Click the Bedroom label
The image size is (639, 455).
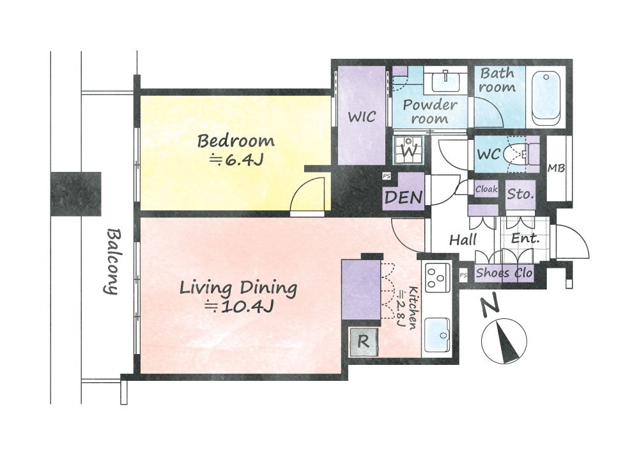tap(236, 141)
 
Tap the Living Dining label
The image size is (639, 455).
tap(238, 288)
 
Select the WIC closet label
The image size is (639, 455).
tap(362, 116)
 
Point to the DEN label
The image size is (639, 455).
tap(403, 197)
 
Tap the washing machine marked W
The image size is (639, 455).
tap(408, 150)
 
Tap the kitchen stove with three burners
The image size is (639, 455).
tap(437, 279)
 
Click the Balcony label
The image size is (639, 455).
tap(112, 261)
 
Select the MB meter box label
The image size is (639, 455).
tap(556, 167)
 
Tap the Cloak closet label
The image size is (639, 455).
tap(486, 189)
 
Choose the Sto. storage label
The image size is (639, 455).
tap(520, 194)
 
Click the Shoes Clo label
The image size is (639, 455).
tap(504, 272)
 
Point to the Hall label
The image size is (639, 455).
tap(463, 240)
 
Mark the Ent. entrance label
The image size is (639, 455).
tap(525, 238)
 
